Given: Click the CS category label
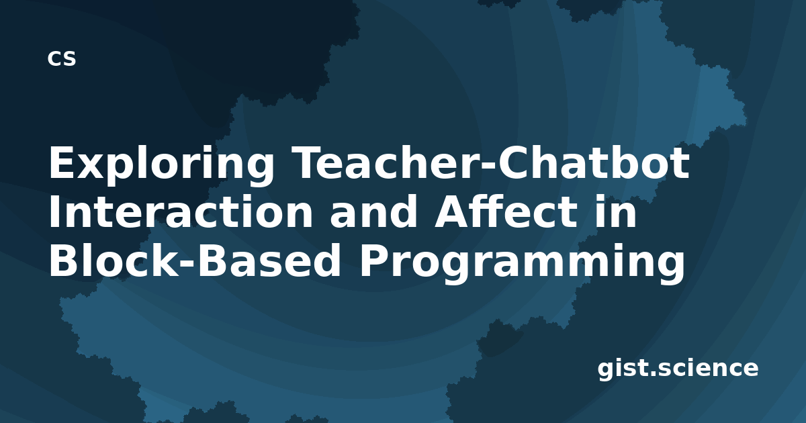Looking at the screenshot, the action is click(x=62, y=58).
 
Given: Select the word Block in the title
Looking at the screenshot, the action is click(x=114, y=261).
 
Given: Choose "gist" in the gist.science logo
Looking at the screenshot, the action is click(x=623, y=369).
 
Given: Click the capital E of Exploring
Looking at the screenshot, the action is click(x=62, y=162).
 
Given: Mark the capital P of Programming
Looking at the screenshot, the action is click(x=375, y=261).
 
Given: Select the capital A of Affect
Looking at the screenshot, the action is click(x=452, y=212).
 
